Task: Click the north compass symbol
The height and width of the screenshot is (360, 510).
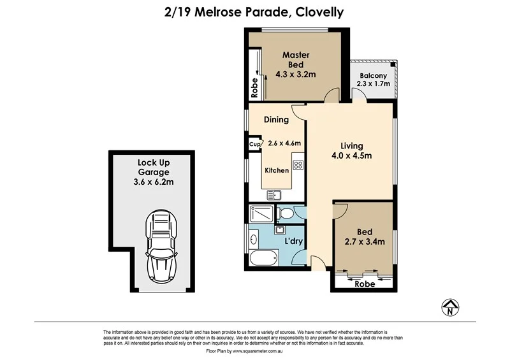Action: [450, 307]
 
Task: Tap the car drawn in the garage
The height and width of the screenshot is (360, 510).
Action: [162, 246]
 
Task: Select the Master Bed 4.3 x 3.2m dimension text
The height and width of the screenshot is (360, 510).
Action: [296, 74]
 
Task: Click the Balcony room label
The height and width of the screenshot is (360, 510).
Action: [373, 76]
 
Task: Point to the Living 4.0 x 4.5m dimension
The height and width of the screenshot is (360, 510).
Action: [352, 155]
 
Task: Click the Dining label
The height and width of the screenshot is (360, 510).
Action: [276, 120]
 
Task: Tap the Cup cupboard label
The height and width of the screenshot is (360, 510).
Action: [254, 144]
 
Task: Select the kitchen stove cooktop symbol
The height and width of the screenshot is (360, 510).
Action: [298, 165]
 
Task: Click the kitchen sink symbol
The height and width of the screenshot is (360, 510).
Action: [274, 195]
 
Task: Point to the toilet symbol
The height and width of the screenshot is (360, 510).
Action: [285, 213]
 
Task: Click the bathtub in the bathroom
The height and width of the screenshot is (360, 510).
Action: [264, 258]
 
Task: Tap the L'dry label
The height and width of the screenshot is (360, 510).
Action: [294, 241]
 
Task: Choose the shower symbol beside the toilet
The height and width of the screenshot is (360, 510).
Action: [261, 213]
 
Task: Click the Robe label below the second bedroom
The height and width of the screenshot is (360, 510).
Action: [365, 284]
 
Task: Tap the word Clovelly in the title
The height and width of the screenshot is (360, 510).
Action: [320, 13]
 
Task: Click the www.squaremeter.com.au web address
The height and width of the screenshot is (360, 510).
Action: [258, 351]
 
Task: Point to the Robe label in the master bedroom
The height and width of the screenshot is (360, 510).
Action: [254, 88]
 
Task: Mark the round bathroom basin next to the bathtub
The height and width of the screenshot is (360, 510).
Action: [253, 240]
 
